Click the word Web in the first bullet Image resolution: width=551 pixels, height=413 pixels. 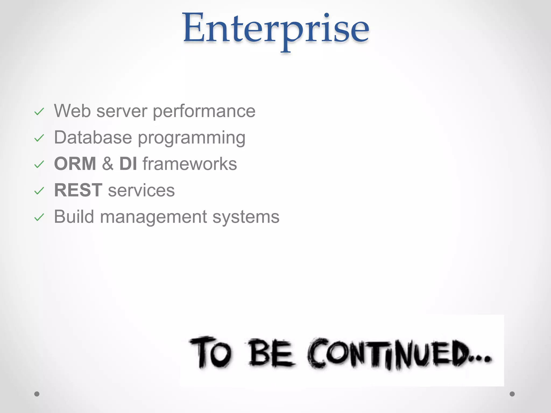(72, 111)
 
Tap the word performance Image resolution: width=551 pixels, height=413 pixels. (204, 111)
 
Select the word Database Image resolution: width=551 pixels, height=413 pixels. (93, 137)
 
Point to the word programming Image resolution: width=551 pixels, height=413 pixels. (192, 138)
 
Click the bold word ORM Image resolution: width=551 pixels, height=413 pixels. (75, 163)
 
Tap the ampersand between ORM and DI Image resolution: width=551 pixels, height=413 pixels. (108, 163)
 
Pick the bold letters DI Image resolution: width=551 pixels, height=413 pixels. (128, 163)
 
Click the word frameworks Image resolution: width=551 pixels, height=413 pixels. (190, 163)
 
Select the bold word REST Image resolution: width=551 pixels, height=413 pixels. (78, 190)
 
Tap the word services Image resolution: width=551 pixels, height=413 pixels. (141, 191)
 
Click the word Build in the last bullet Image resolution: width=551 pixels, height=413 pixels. (74, 216)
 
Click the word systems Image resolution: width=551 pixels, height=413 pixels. (246, 217)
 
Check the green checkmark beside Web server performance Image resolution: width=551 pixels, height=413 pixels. (39, 112)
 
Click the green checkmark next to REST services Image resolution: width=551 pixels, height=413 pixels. (39, 191)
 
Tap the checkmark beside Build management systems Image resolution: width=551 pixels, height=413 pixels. (39, 218)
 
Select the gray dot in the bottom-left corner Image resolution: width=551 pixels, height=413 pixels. (37, 394)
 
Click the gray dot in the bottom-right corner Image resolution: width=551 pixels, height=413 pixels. (512, 394)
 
